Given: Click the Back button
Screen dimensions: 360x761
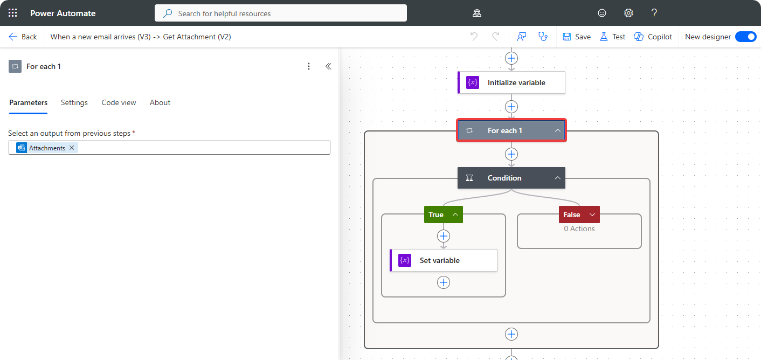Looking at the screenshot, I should click(x=23, y=37).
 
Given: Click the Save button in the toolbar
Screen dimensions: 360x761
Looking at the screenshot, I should click(x=577, y=37).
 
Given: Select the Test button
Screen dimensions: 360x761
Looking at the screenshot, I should click(x=613, y=37).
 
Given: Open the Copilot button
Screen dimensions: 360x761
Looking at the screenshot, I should click(x=653, y=37).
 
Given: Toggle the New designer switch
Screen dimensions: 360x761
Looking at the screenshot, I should click(x=746, y=37).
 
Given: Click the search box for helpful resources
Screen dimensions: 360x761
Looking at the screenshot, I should click(x=280, y=13).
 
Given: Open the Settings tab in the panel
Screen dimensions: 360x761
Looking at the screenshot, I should click(x=74, y=102).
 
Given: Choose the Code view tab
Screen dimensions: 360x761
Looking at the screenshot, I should click(x=119, y=102).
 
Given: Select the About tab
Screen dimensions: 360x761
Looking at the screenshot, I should click(x=160, y=102).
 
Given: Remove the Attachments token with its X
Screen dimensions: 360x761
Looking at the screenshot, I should click(x=72, y=148).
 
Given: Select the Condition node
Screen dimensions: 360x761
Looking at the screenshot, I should click(x=504, y=178).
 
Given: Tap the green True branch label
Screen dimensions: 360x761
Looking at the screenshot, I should click(x=436, y=214).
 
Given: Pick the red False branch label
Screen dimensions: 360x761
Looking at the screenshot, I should click(x=572, y=214).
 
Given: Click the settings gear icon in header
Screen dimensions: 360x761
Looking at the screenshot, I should click(x=628, y=13).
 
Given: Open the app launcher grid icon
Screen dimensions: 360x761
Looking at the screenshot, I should click(x=13, y=13).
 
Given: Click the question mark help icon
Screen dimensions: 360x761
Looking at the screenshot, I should click(x=654, y=13).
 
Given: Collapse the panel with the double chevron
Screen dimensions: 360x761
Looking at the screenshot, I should click(x=328, y=66).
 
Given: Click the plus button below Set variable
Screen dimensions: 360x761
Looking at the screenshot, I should click(x=444, y=282).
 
